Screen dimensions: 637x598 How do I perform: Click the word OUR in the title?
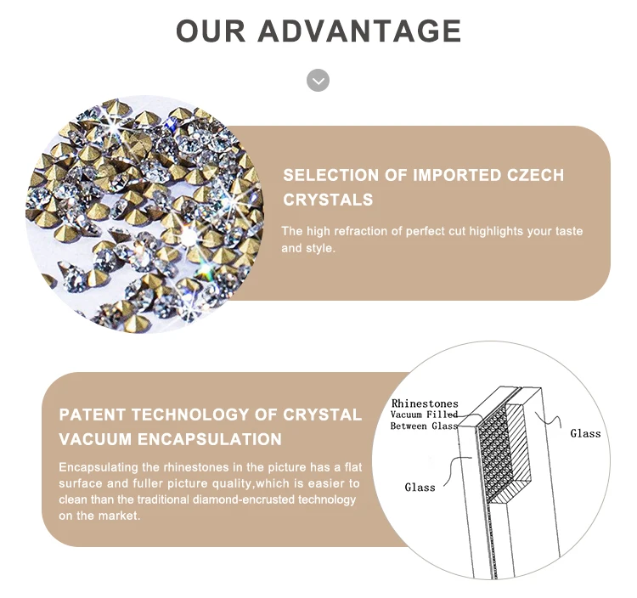coord(211,31)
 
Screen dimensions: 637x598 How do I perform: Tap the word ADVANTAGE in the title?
coord(359,31)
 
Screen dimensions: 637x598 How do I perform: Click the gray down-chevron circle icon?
coord(318,81)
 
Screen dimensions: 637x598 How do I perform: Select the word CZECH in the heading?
coord(535,175)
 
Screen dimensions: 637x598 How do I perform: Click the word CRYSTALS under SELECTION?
coord(328,200)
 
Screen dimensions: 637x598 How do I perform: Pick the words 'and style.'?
coord(308,248)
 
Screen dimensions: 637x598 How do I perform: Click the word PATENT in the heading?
coord(93,415)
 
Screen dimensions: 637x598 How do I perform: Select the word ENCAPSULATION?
coord(210,439)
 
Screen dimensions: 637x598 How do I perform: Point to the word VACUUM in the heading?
coord(95,439)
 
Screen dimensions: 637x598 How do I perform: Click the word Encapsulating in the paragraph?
coord(99,467)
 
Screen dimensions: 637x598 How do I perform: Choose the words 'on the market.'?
coord(99,516)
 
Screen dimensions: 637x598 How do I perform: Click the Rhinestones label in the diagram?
coord(425,403)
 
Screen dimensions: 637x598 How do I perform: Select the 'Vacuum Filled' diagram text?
coord(424,415)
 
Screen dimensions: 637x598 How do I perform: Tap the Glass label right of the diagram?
coord(585,433)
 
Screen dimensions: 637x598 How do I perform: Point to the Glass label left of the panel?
coord(420,487)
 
